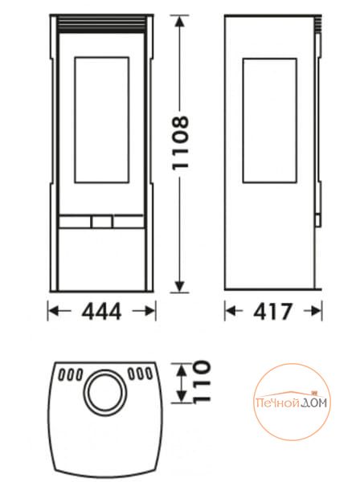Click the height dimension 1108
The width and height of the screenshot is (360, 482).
click(180, 142)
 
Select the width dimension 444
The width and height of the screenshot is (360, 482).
click(102, 312)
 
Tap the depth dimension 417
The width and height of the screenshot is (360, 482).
click(272, 312)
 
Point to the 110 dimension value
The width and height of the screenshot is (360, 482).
click(202, 382)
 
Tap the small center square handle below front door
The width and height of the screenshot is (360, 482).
click(102, 222)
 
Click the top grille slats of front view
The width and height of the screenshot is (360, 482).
click(102, 25)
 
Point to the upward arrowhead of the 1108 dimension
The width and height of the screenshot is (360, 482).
click(180, 22)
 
